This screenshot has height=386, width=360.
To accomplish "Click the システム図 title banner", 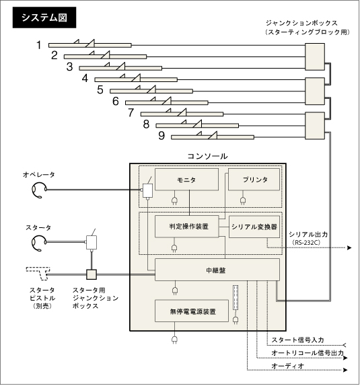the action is point(44,17).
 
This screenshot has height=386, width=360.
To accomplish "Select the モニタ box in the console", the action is point(186,180).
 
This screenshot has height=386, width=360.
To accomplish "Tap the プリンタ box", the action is point(254,180).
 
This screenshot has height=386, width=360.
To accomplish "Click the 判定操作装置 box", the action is point(187,227).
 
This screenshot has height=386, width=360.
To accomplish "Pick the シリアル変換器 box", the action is point(254,227).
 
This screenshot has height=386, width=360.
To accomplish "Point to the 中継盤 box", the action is point(217,270).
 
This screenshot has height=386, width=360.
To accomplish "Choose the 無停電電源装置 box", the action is point(192,311).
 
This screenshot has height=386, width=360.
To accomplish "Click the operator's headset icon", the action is point(39,190).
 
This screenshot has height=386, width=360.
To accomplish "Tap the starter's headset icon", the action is point(39,243).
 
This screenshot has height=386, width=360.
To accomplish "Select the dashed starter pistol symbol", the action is point(39,273).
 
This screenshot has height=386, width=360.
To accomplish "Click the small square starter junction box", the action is point(92,274).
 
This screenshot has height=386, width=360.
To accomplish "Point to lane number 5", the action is point(100,90).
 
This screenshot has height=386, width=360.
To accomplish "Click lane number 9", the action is point(161,136).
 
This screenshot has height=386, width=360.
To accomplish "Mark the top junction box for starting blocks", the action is point(315,57).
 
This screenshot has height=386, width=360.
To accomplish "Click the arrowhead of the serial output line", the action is point(349,247).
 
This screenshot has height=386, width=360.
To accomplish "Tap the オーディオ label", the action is point(288,366).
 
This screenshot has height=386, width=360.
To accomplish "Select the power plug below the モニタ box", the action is point(175,201).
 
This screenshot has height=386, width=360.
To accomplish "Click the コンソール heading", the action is point(207,156).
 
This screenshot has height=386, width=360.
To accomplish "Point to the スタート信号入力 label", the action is point(297,340).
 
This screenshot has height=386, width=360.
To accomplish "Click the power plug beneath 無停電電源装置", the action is point(174,340).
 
